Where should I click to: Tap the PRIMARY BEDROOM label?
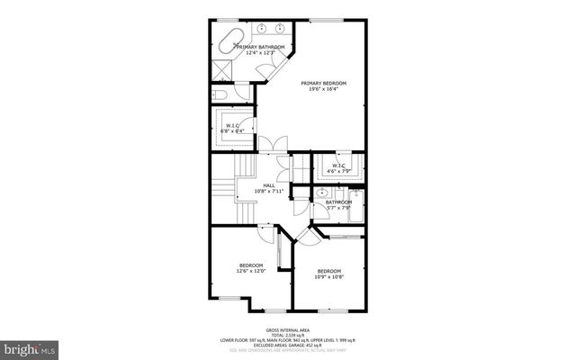[323, 83]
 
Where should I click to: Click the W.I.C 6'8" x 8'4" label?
[231, 126]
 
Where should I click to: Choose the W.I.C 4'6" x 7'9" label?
[338, 166]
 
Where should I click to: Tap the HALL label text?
[268, 186]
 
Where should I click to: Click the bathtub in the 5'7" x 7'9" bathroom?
[355, 208]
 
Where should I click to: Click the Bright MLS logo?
[30, 346]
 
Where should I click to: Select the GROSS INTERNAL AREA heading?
[287, 330]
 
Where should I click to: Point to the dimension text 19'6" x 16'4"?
[323, 89]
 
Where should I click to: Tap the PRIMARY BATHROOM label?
[260, 47]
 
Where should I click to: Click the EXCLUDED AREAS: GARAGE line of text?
[288, 345]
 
